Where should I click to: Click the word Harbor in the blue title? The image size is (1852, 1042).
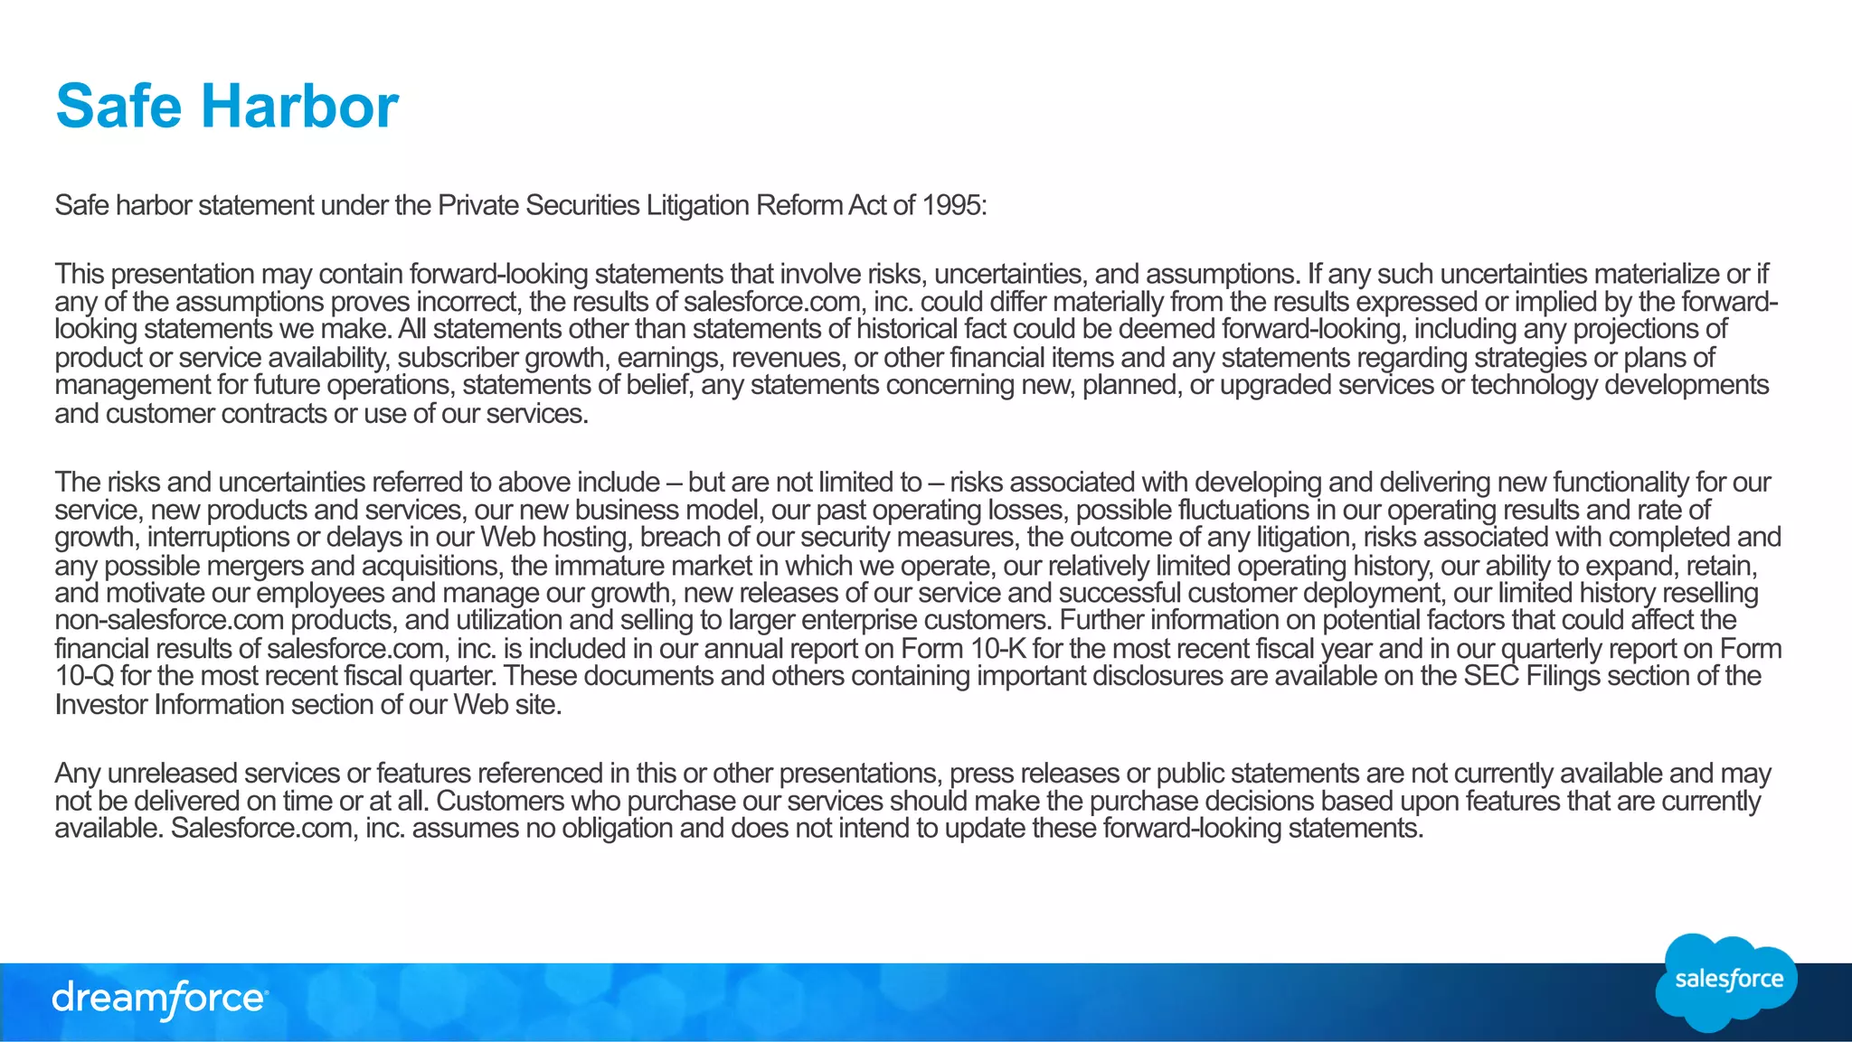(x=299, y=106)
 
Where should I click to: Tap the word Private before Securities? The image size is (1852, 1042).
(x=477, y=206)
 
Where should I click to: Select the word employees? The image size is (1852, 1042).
(x=320, y=594)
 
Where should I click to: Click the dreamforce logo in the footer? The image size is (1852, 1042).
(x=159, y=1000)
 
